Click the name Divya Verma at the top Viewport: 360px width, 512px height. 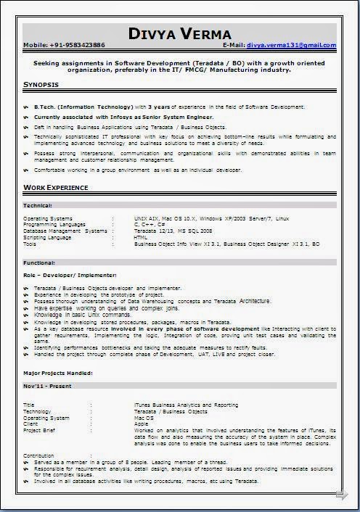pyautogui.click(x=179, y=33)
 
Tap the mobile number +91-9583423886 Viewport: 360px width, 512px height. pyautogui.click(x=78, y=45)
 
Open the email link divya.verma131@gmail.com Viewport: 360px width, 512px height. pyautogui.click(x=290, y=45)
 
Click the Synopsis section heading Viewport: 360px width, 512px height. pyautogui.click(x=41, y=86)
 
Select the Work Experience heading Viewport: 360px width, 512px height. pyautogui.click(x=56, y=188)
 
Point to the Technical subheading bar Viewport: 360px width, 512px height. pyautogui.click(x=38, y=205)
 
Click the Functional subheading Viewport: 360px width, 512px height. pyautogui.click(x=40, y=262)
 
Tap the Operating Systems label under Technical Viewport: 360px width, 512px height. pyautogui.click(x=48, y=218)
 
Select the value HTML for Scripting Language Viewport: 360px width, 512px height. pyautogui.click(x=141, y=237)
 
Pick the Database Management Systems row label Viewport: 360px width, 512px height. pyautogui.click(x=65, y=231)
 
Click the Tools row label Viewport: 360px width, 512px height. pyautogui.click(x=30, y=244)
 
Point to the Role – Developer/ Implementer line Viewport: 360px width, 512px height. pyautogui.click(x=70, y=276)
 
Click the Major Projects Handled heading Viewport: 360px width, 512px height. pyautogui.click(x=57, y=373)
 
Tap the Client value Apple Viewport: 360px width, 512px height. pyautogui.click(x=141, y=424)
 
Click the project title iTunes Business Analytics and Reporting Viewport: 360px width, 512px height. pyautogui.click(x=186, y=405)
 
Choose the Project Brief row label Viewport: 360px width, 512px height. pyautogui.click(x=41, y=429)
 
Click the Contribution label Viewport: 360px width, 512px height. pyautogui.click(x=39, y=455)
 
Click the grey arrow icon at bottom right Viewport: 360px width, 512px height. pyautogui.click(x=341, y=495)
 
